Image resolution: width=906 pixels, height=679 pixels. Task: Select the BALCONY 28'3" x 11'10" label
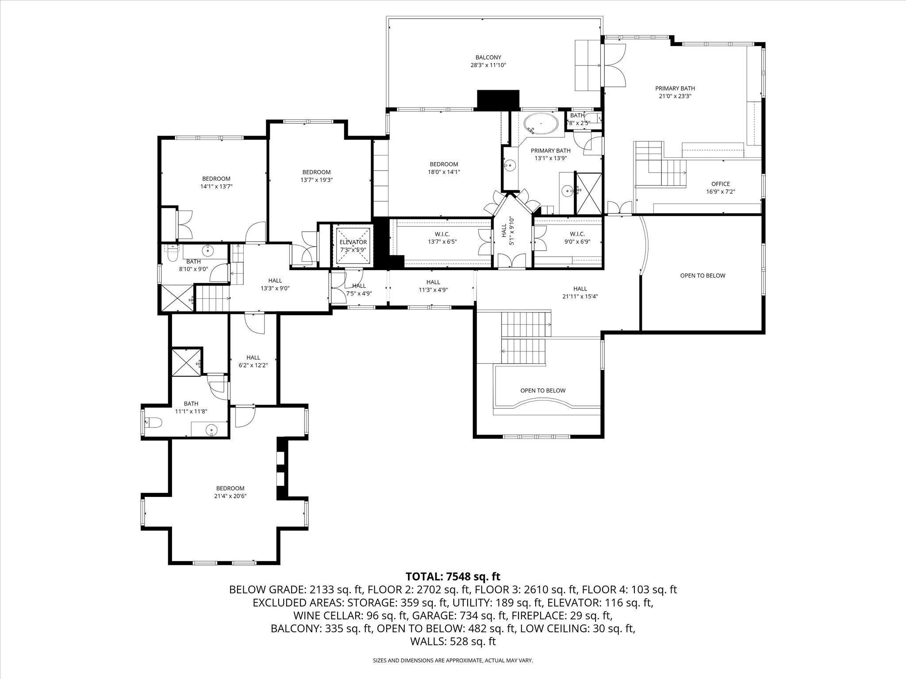(488, 61)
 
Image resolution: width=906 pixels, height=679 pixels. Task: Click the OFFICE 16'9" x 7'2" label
(720, 187)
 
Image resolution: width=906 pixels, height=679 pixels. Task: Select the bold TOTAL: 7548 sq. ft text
(453, 576)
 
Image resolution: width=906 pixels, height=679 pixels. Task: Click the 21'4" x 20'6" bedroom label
(230, 492)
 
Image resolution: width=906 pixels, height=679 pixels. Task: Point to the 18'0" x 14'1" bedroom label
(443, 168)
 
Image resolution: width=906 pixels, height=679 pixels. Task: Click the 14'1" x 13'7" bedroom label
(216, 183)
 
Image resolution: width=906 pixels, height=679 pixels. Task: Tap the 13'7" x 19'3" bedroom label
(316, 176)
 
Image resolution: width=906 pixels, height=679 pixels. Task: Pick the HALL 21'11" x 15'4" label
(580, 293)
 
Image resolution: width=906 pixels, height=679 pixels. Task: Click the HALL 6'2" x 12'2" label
(253, 361)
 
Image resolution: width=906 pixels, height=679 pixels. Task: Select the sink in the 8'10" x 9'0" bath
(208, 251)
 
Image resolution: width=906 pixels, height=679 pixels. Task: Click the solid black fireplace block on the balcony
(498, 99)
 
